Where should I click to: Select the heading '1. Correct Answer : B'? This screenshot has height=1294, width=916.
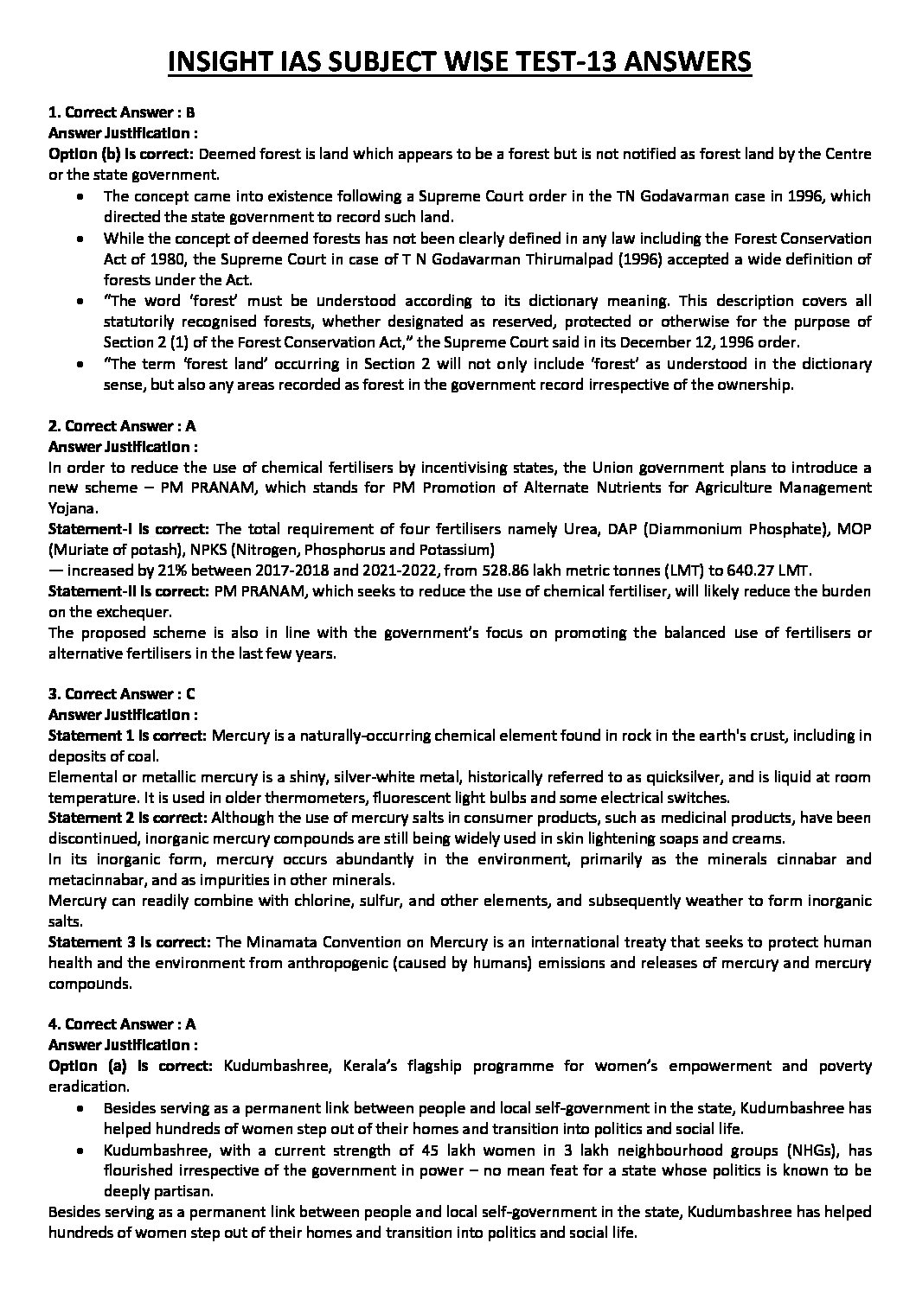click(122, 112)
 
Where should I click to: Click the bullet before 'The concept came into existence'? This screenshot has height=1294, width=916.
click(80, 197)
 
